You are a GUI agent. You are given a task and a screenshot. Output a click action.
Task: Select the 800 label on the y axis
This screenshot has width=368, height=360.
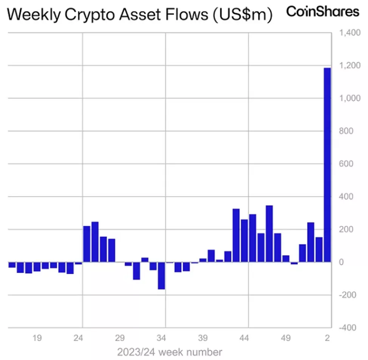tap(346, 131)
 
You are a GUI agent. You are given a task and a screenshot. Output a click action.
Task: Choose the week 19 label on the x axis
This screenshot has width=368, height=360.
tap(37, 338)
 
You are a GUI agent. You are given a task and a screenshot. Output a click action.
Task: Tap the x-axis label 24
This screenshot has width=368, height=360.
tap(78, 338)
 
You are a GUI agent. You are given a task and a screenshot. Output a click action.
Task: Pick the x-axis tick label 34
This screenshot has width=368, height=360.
tap(161, 338)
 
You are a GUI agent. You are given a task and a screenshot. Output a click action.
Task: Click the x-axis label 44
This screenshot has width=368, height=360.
tap(244, 338)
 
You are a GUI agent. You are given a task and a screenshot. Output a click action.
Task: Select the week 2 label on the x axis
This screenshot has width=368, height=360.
tap(328, 338)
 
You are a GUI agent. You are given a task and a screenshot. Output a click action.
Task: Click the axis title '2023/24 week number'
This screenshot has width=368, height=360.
tap(169, 352)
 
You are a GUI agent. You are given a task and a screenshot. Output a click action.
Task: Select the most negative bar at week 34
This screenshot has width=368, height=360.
tap(162, 275)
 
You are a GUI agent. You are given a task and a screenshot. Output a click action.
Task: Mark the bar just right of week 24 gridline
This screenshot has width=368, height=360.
tap(87, 244)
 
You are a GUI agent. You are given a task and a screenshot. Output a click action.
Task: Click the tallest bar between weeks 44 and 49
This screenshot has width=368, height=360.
tap(269, 234)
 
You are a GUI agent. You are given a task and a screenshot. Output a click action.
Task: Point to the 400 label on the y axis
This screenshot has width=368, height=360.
tap(346, 197)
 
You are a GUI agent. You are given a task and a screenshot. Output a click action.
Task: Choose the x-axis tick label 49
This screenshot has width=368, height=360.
tap(286, 338)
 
